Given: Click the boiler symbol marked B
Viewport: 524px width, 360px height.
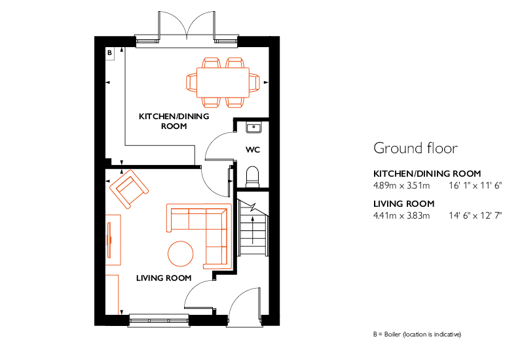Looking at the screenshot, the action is [109, 53].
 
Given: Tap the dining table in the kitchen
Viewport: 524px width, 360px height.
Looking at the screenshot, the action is [223, 82].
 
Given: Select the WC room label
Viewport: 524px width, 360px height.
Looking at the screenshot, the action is [253, 150].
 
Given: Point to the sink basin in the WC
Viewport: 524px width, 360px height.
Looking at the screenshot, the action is [254, 127].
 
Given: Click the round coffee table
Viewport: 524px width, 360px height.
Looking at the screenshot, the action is [181, 254].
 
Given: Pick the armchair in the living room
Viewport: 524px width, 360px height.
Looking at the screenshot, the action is [129, 189].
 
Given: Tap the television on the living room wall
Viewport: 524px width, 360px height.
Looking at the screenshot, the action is [109, 240].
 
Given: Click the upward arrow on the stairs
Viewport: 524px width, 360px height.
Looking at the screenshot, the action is [253, 230].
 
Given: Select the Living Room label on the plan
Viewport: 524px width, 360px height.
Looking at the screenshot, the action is [164, 278].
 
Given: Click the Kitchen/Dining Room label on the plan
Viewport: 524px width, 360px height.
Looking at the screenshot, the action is [174, 121].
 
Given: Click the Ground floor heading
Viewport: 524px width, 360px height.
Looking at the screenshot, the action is [415, 148].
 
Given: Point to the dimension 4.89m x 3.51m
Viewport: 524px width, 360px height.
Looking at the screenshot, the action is [402, 185].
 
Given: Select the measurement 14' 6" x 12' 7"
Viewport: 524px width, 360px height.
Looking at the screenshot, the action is [476, 215].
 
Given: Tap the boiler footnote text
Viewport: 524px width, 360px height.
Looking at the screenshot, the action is [417, 334].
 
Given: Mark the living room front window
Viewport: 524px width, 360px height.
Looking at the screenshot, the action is [159, 320].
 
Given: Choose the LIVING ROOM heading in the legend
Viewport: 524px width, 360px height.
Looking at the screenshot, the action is [403, 204].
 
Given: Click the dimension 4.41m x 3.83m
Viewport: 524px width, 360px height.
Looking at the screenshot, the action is [402, 215].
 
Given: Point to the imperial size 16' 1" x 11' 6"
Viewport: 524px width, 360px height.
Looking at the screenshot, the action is [476, 185].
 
